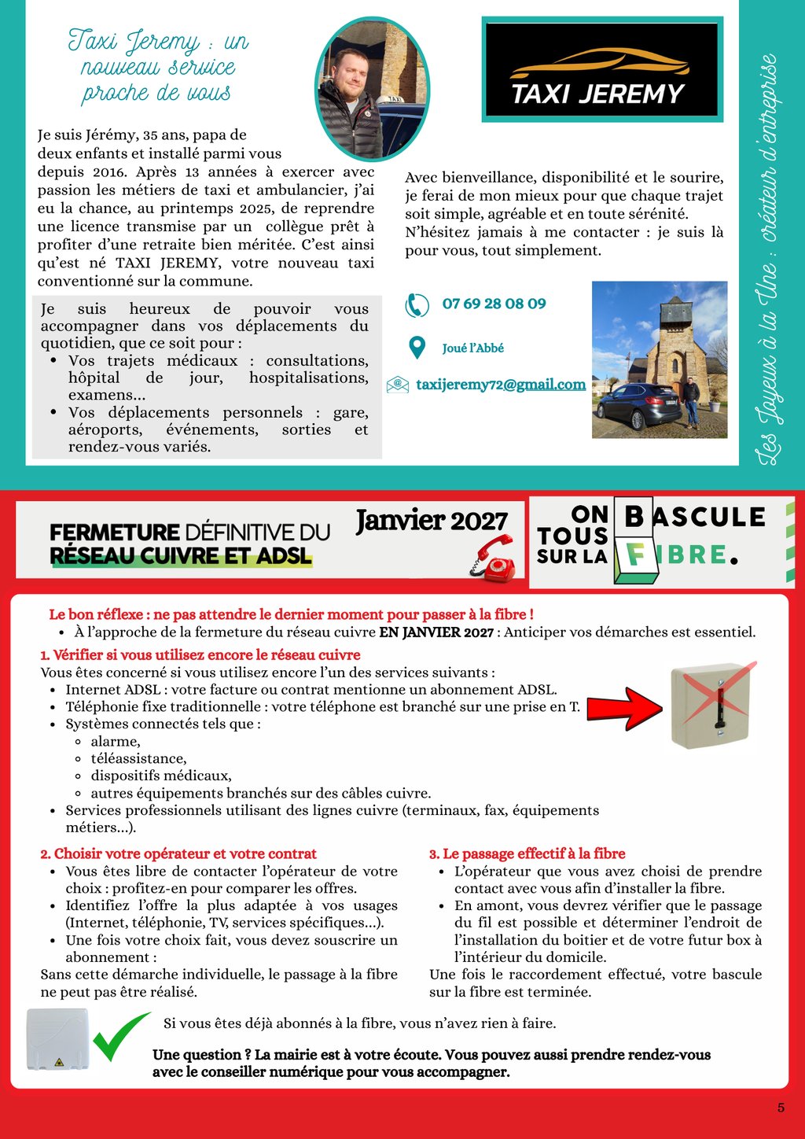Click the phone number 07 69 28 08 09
pyautogui.click(x=494, y=304)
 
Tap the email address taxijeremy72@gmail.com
pyautogui.click(x=501, y=385)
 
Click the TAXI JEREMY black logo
pyautogui.click(x=601, y=71)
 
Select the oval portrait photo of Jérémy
pyautogui.click(x=372, y=88)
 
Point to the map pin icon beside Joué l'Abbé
pyautogui.click(x=417, y=348)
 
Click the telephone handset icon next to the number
pyautogui.click(x=417, y=304)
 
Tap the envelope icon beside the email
pyautogui.click(x=398, y=385)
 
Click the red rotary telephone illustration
pyautogui.click(x=493, y=558)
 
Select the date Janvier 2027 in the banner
pyautogui.click(x=432, y=521)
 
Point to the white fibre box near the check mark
pyautogui.click(x=57, y=1039)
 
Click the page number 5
pyautogui.click(x=781, y=1108)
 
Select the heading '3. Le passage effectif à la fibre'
pyautogui.click(x=527, y=853)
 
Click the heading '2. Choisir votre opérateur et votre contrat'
pyautogui.click(x=178, y=853)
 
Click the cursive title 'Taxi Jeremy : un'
pyautogui.click(x=158, y=40)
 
